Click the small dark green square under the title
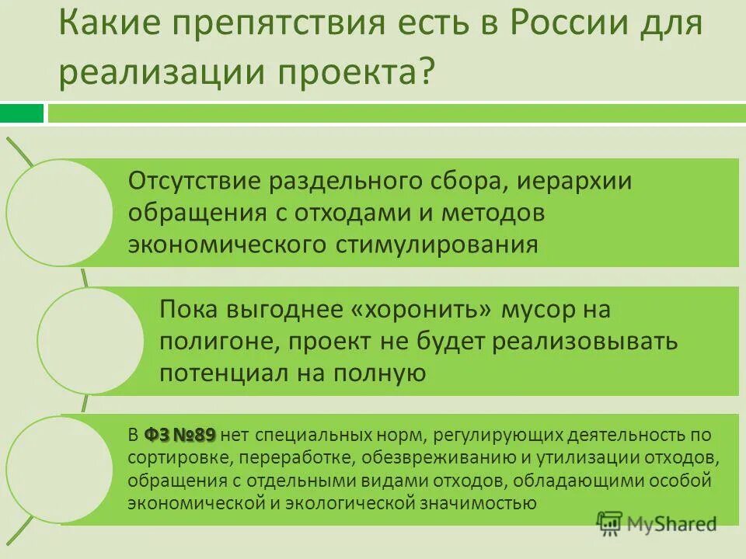click(x=22, y=113)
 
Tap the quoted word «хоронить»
click(x=424, y=310)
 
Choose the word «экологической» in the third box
click(x=333, y=502)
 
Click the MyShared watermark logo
click(x=657, y=524)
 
